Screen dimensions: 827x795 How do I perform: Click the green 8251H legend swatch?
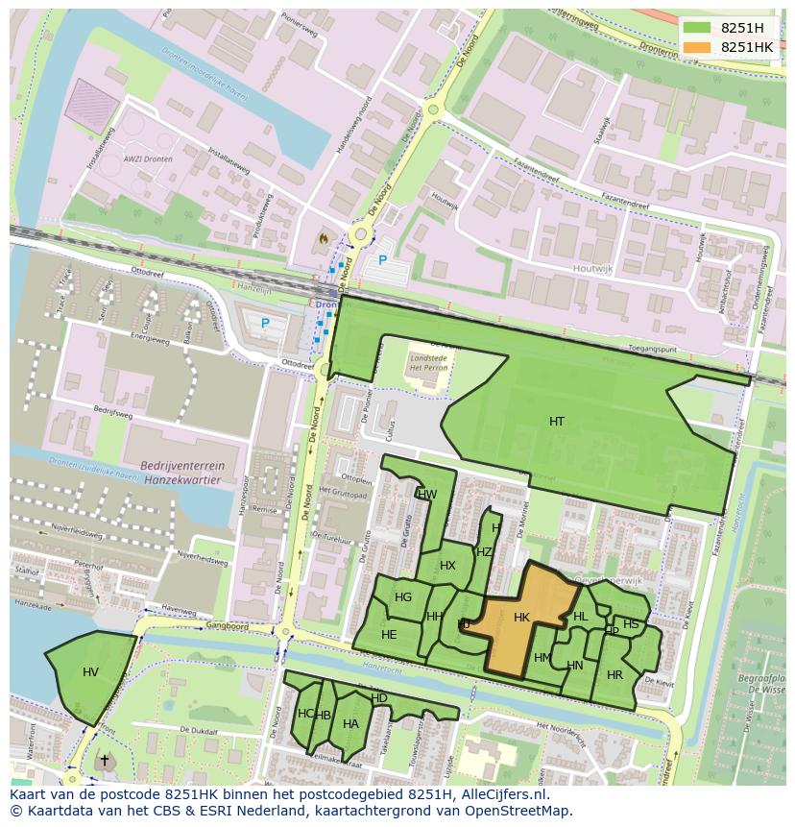point(698,28)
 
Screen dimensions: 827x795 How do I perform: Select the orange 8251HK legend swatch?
point(698,47)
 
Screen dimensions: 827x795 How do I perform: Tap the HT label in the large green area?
point(557,422)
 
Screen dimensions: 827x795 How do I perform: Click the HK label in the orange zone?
point(521,618)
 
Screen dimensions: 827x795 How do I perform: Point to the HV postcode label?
point(90,672)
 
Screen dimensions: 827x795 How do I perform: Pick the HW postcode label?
point(427,495)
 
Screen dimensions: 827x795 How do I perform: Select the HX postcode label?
point(447,566)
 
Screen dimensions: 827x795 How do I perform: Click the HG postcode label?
point(403,597)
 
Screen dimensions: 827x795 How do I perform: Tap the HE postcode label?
point(389,635)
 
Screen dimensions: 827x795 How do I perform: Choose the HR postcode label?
point(614,675)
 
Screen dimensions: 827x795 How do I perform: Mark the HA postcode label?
point(350,724)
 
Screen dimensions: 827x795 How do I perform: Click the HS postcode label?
point(631,624)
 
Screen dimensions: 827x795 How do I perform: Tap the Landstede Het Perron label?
point(428,363)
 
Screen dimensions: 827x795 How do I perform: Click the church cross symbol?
point(104,760)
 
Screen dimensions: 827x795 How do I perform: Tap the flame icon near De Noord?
point(323,237)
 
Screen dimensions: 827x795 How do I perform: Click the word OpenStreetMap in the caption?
point(516,811)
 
